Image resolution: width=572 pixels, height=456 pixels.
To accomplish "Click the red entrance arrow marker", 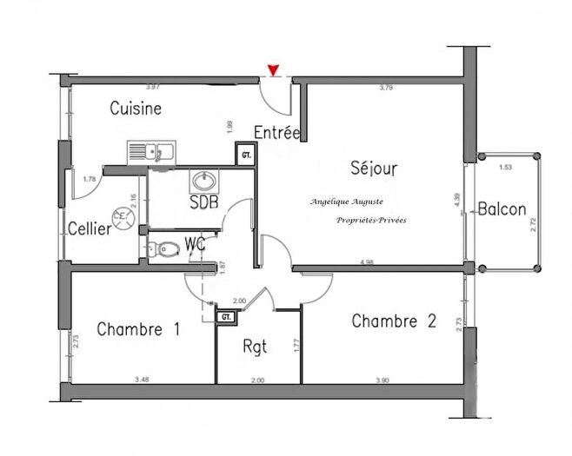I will [x=276, y=69].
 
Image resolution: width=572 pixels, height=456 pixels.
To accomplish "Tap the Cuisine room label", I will [x=136, y=109].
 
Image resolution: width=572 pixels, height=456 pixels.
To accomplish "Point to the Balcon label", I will [x=502, y=208].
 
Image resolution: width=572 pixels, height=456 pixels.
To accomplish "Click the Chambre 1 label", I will [x=138, y=329].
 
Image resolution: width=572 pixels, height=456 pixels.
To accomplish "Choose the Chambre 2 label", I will [x=394, y=321].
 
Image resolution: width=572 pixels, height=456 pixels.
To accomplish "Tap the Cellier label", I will [x=90, y=228].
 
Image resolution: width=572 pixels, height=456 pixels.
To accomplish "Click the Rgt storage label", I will [x=256, y=346].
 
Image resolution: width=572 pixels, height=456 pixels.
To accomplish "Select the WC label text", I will [x=195, y=244].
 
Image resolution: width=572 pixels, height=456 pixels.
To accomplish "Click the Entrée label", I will [x=276, y=133].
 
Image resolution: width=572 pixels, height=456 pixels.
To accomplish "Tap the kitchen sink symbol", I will [x=151, y=153].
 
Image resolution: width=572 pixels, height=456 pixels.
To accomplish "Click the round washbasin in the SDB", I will [x=205, y=182].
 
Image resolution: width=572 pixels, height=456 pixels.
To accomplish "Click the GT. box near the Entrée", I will [x=246, y=156].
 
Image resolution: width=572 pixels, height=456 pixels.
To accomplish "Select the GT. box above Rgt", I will [x=226, y=317].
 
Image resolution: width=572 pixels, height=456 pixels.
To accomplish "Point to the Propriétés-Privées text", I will [x=371, y=221].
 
